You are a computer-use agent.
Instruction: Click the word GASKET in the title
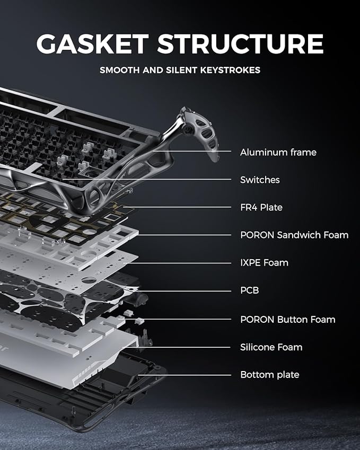(92, 44)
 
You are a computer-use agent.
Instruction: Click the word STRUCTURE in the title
(240, 44)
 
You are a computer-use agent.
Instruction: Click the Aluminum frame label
(278, 153)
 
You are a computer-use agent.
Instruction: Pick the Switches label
(260, 180)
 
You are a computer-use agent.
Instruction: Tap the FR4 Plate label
(261, 208)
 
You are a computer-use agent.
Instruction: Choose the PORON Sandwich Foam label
(294, 235)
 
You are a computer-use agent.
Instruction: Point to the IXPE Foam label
(264, 263)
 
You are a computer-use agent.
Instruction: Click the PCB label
(249, 291)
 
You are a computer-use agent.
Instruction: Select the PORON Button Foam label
(287, 319)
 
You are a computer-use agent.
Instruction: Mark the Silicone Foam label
(271, 347)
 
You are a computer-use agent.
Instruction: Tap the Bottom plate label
(269, 375)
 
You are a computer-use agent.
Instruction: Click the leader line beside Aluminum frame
(201, 153)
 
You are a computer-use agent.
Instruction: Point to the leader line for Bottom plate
(186, 375)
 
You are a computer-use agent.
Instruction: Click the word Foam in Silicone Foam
(291, 347)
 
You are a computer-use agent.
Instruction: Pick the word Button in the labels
(294, 319)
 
